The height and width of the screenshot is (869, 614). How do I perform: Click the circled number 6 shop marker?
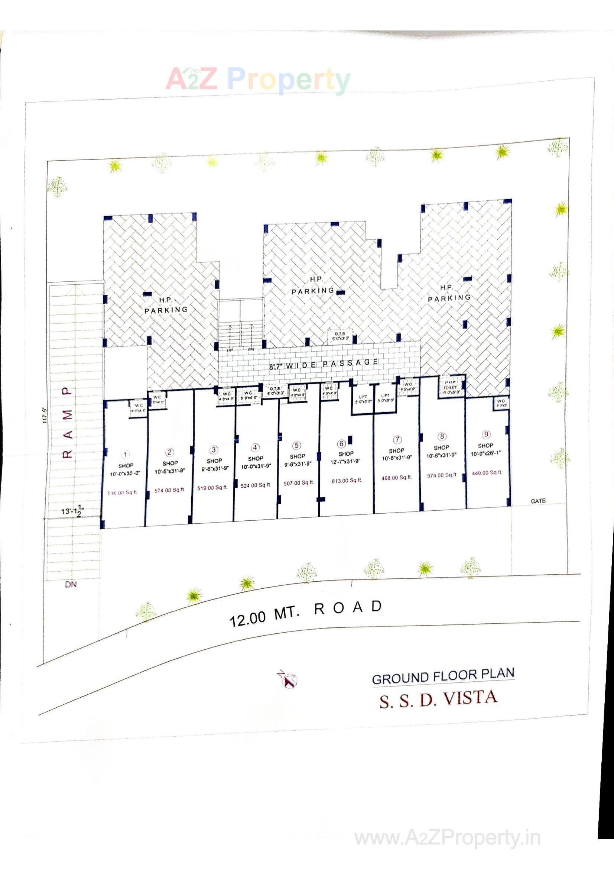(342, 443)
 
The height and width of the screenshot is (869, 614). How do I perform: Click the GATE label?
(538, 501)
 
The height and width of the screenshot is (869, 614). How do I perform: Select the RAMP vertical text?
(67, 422)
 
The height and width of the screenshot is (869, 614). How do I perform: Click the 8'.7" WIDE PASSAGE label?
(323, 364)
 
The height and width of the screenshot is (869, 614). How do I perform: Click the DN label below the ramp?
(71, 584)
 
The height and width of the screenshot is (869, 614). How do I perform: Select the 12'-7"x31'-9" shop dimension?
(346, 461)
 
